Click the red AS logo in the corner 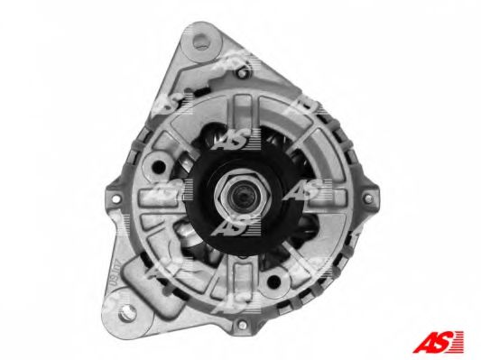pyautogui.click(x=438, y=342)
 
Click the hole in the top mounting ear pyautogui.click(x=201, y=42)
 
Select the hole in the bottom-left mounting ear pyautogui.click(x=126, y=312)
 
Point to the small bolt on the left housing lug pyautogui.click(x=116, y=198)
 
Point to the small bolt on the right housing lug pyautogui.click(x=368, y=198)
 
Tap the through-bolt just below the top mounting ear pyautogui.click(x=242, y=73)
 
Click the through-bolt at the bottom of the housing pyautogui.click(x=243, y=324)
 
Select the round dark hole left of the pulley pyautogui.click(x=159, y=166)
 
